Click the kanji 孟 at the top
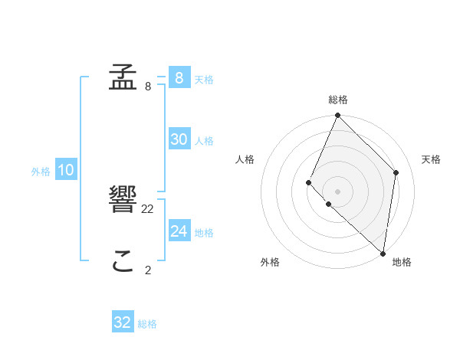pyautogui.click(x=123, y=77)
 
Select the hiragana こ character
pyautogui.click(x=123, y=263)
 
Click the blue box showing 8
pyautogui.click(x=179, y=77)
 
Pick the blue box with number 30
pyautogui.click(x=179, y=139)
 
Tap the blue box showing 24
pyautogui.click(x=179, y=231)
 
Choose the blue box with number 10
pyautogui.click(x=65, y=170)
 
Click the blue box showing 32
pyautogui.click(x=123, y=322)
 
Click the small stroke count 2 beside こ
pyautogui.click(x=148, y=270)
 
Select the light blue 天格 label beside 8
pyautogui.click(x=204, y=79)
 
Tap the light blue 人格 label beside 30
pyautogui.click(x=204, y=141)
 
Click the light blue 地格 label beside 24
pyautogui.click(x=204, y=233)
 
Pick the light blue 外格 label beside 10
pyautogui.click(x=41, y=172)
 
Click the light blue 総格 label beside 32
pyautogui.click(x=147, y=324)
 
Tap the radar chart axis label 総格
pyautogui.click(x=337, y=100)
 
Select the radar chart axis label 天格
pyautogui.click(x=431, y=159)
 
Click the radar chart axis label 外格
pyautogui.click(x=270, y=262)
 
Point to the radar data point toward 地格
pyautogui.click(x=383, y=254)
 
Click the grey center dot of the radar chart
pyautogui.click(x=337, y=191)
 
